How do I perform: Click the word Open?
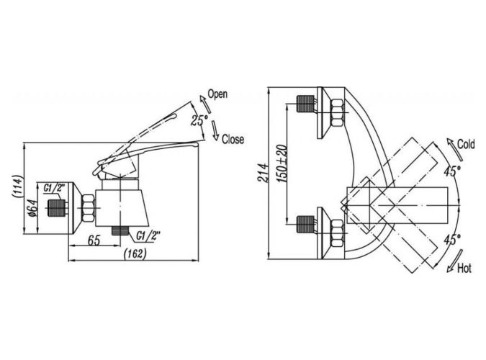(217, 94)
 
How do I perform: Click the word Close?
(233, 139)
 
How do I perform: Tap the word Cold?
(464, 145)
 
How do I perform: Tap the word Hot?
(464, 269)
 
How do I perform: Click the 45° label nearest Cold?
(451, 171)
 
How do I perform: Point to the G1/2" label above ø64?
(54, 189)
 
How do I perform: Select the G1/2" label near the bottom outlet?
(148, 234)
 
